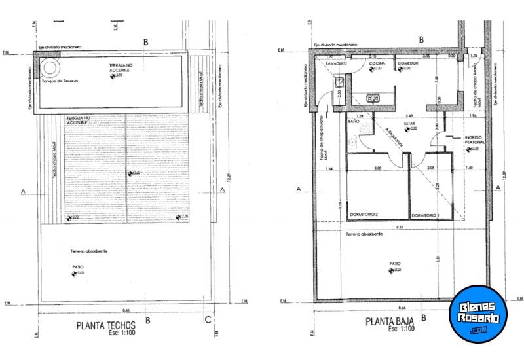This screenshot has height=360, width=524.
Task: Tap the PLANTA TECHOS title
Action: point(106,325)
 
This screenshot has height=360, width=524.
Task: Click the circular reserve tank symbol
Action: point(51,68)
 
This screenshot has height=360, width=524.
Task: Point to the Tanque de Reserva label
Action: point(60,81)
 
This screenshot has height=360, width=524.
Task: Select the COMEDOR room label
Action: point(407,63)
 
